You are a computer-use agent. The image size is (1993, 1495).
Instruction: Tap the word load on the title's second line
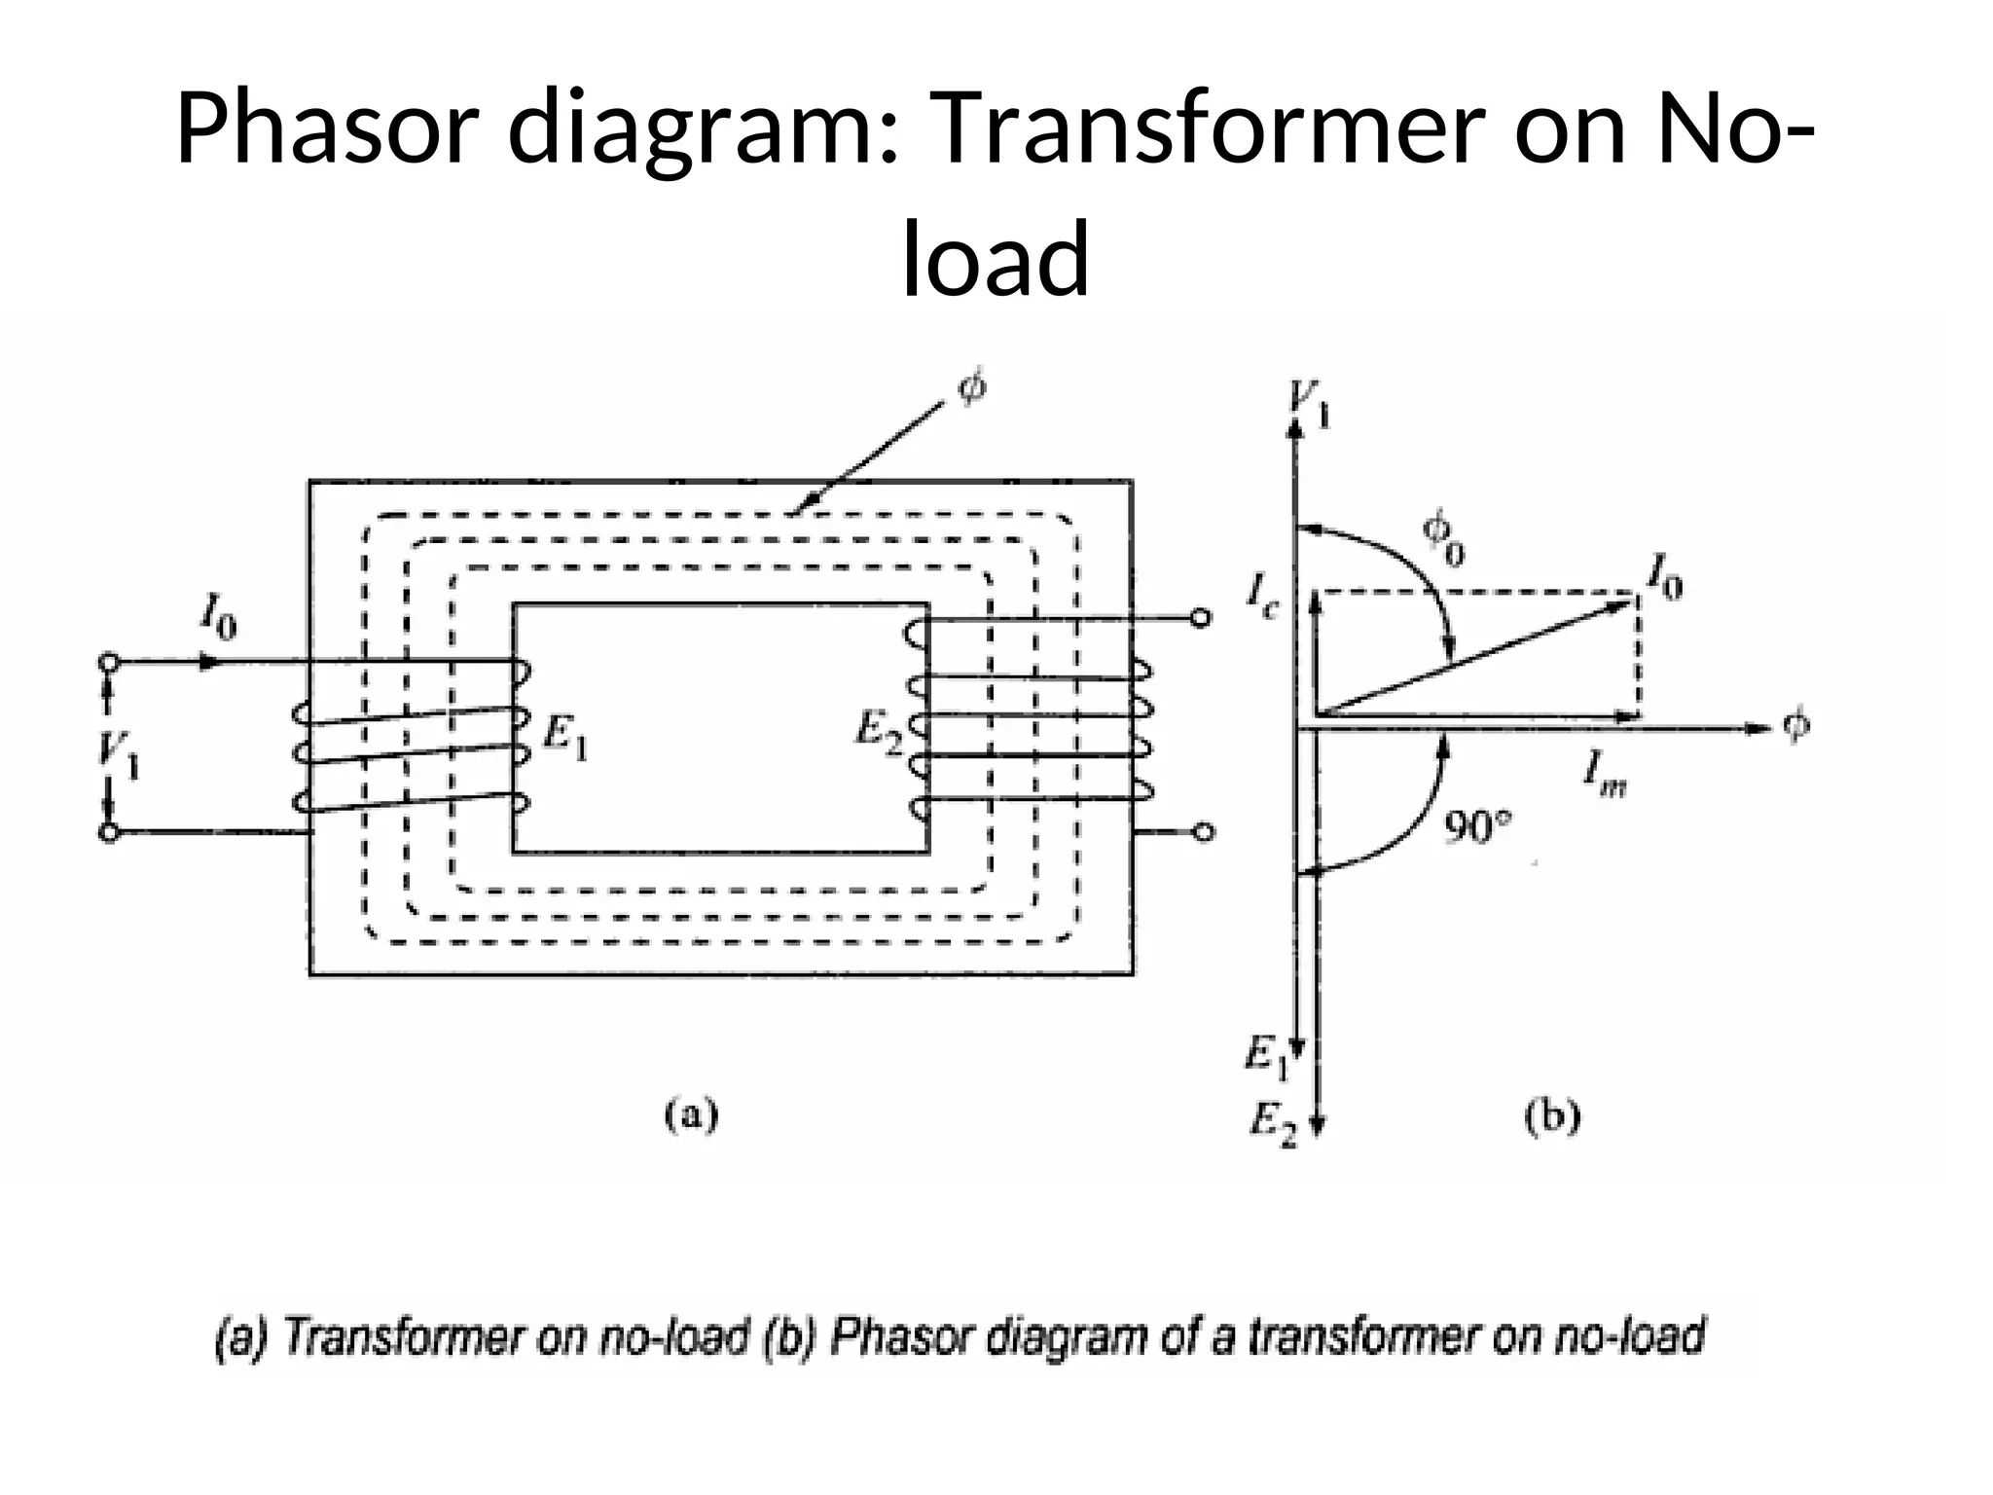[996, 259]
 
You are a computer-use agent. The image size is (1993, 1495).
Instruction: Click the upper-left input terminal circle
[109, 662]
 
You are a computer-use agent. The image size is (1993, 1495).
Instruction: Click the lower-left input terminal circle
[109, 832]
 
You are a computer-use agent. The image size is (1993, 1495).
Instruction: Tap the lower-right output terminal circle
[1204, 831]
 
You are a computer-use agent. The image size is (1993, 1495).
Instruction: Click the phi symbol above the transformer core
[971, 387]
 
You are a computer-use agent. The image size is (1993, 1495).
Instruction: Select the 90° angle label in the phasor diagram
[1477, 828]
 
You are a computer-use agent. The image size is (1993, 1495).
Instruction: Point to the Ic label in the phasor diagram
[1265, 592]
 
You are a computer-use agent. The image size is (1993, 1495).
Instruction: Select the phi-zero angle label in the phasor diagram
[1443, 537]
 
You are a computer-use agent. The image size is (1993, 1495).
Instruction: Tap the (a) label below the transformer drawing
[691, 1115]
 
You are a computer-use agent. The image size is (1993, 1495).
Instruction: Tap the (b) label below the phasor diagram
[1551, 1116]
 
